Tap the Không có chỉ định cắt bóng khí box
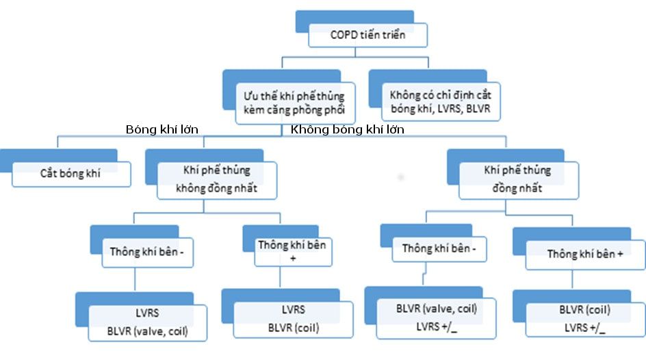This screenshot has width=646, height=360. (441, 101)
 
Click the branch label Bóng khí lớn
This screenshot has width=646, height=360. (166, 129)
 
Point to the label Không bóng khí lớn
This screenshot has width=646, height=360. (347, 129)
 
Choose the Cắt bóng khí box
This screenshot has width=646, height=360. (70, 173)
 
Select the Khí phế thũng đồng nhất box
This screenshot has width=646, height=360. (517, 179)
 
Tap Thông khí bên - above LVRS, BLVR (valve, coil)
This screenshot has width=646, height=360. (147, 251)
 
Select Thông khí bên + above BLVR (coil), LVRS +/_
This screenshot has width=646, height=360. (585, 254)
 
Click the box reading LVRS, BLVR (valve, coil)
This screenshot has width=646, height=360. (147, 322)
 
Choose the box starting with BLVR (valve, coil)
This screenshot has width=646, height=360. (437, 317)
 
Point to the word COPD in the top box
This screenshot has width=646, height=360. (342, 35)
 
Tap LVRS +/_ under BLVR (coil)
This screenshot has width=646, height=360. (584, 328)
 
